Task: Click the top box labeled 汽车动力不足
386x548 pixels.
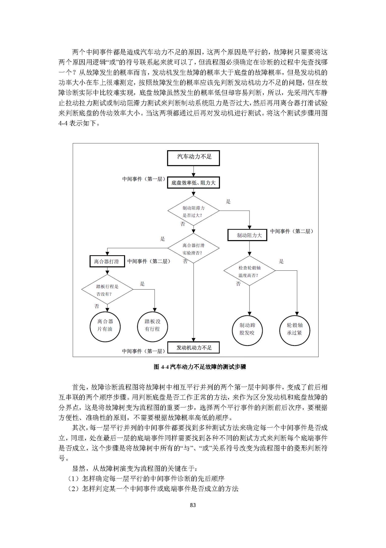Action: pyautogui.click(x=194, y=158)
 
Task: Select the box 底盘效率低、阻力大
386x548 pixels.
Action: pyautogui.click(x=194, y=182)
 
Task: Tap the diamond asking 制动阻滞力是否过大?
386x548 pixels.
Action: pyautogui.click(x=194, y=211)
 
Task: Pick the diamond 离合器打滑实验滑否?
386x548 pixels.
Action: pyautogui.click(x=194, y=248)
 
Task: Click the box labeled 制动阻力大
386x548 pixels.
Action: pyautogui.click(x=247, y=235)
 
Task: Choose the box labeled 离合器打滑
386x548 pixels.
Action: pyautogui.click(x=107, y=261)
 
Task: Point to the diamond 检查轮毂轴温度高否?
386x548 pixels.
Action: pyautogui.click(x=249, y=271)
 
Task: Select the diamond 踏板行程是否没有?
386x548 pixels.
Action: pyautogui.click(x=107, y=290)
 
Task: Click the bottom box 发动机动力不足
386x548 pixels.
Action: pyautogui.click(x=194, y=348)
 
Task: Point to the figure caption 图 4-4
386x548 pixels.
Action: pyautogui.click(x=200, y=367)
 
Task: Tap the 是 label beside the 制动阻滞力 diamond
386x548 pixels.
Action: pyautogui.click(x=228, y=201)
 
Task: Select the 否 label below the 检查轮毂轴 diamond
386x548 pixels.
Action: pyautogui.click(x=238, y=284)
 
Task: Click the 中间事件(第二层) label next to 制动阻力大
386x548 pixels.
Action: pyautogui.click(x=292, y=231)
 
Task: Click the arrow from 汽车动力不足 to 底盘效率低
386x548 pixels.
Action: pyautogui.click(x=194, y=171)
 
